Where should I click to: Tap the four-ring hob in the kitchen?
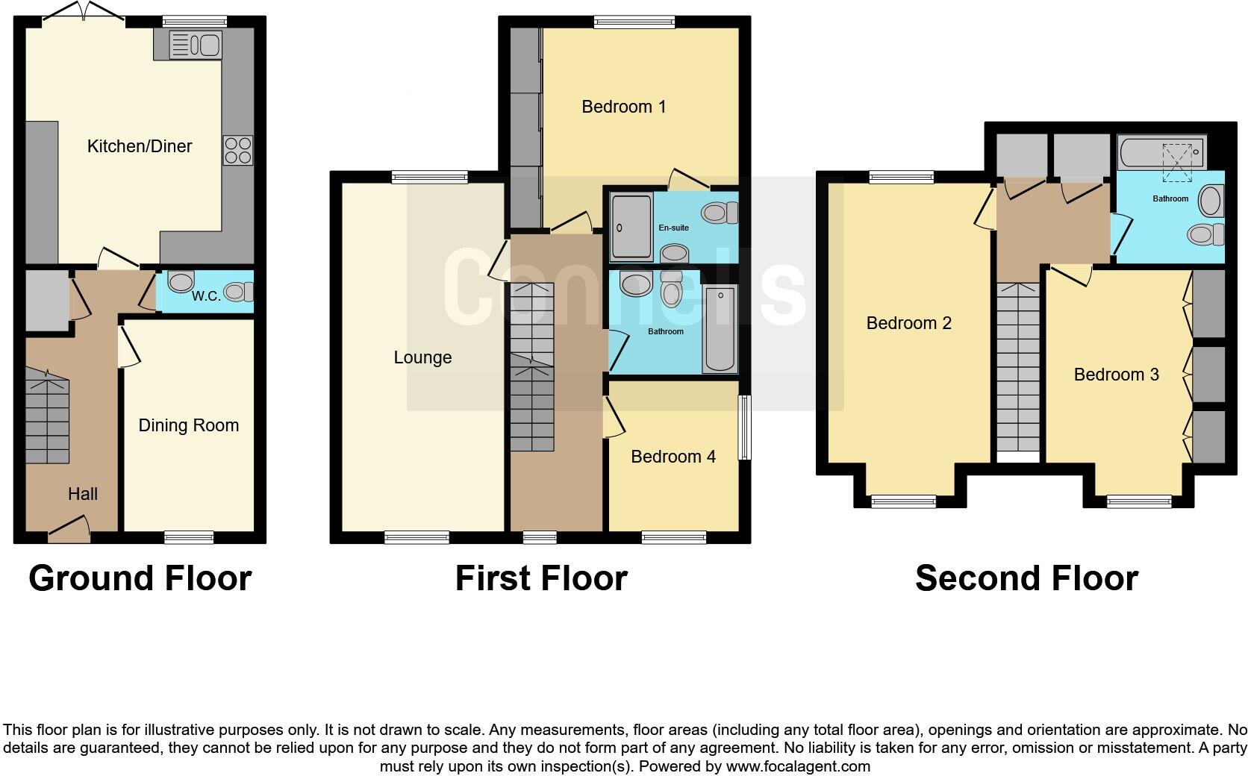pyautogui.click(x=238, y=150)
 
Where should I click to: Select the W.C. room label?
pyautogui.click(x=206, y=295)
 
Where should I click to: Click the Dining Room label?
pyautogui.click(x=189, y=425)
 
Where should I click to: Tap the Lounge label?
pyautogui.click(x=422, y=357)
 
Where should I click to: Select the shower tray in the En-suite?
pyautogui.click(x=631, y=226)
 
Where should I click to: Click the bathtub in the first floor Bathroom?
pyautogui.click(x=720, y=330)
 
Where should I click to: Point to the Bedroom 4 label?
pyautogui.click(x=673, y=457)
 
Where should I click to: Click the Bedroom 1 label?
pyautogui.click(x=623, y=107)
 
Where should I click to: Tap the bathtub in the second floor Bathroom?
pyautogui.click(x=1161, y=152)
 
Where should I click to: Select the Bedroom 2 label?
pyautogui.click(x=908, y=323)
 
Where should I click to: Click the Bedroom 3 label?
pyautogui.click(x=1116, y=375)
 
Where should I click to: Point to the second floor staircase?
pyautogui.click(x=1018, y=366)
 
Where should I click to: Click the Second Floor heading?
pyautogui.click(x=1026, y=578)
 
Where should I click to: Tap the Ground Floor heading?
pyautogui.click(x=140, y=578)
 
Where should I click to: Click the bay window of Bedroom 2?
pyautogui.click(x=903, y=501)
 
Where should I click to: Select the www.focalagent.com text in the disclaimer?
pyautogui.click(x=798, y=766)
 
